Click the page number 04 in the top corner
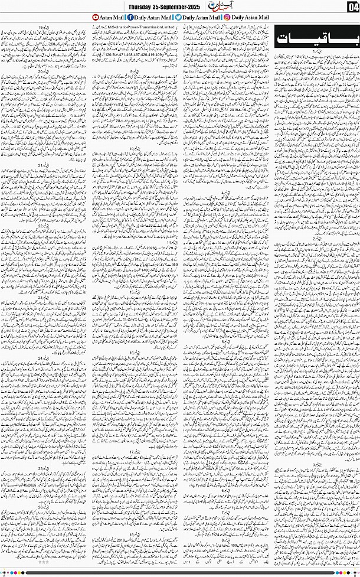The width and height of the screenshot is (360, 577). (x=352, y=6)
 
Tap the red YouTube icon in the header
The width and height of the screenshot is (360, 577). (x=96, y=17)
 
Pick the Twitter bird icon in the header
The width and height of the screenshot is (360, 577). (x=178, y=17)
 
